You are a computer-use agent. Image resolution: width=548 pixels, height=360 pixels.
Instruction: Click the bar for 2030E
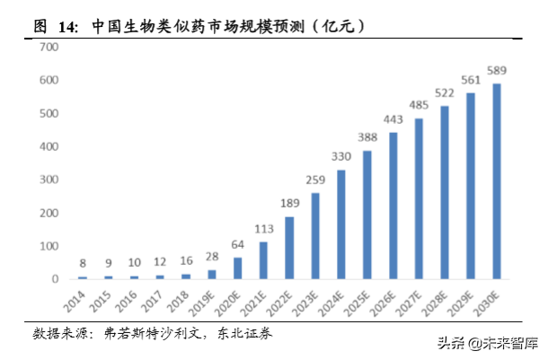(x=496, y=181)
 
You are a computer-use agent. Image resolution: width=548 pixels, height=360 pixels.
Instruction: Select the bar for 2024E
(x=341, y=224)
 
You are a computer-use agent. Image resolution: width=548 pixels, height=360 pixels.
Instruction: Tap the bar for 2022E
(x=289, y=248)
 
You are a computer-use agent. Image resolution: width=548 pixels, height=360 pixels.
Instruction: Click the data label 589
(x=496, y=69)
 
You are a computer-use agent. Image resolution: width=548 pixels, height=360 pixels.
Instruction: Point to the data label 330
(x=341, y=156)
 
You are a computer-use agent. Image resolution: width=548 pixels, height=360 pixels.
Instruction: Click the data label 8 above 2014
(x=83, y=263)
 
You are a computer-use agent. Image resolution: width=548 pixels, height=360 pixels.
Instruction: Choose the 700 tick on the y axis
(x=48, y=48)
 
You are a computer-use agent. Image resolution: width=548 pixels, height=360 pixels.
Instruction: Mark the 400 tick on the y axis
(x=48, y=146)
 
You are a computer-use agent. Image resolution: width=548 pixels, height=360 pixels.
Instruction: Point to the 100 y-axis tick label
(x=48, y=246)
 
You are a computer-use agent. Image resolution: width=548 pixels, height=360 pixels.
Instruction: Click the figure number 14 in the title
(x=66, y=27)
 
